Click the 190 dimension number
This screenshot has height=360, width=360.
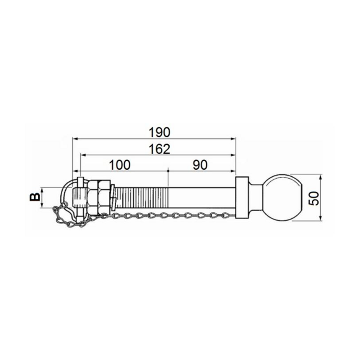click(159, 132)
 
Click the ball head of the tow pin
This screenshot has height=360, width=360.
click(283, 198)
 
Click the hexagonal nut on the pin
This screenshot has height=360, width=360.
click(98, 197)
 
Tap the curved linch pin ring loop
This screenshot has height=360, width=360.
click(66, 191)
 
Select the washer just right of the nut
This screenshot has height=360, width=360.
click(112, 197)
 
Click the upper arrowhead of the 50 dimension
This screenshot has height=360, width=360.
click(321, 176)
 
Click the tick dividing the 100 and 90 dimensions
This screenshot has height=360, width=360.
click(167, 171)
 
